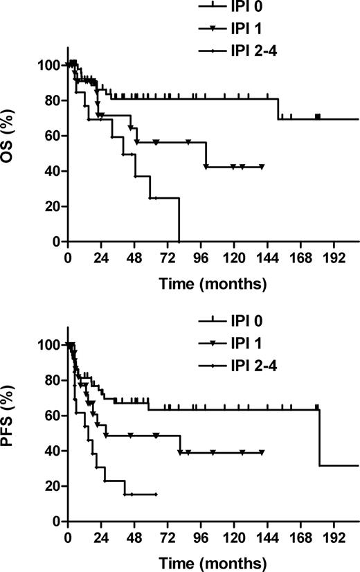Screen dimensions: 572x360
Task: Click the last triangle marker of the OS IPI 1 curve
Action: (x=262, y=167)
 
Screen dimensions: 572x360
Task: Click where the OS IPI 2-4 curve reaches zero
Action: (x=179, y=242)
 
